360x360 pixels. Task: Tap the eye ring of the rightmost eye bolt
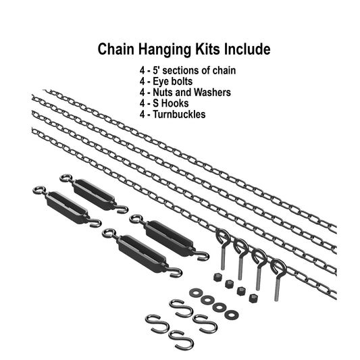click(x=278, y=267)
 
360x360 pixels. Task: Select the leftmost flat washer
click(x=195, y=292)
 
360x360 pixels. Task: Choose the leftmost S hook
click(x=155, y=322)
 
